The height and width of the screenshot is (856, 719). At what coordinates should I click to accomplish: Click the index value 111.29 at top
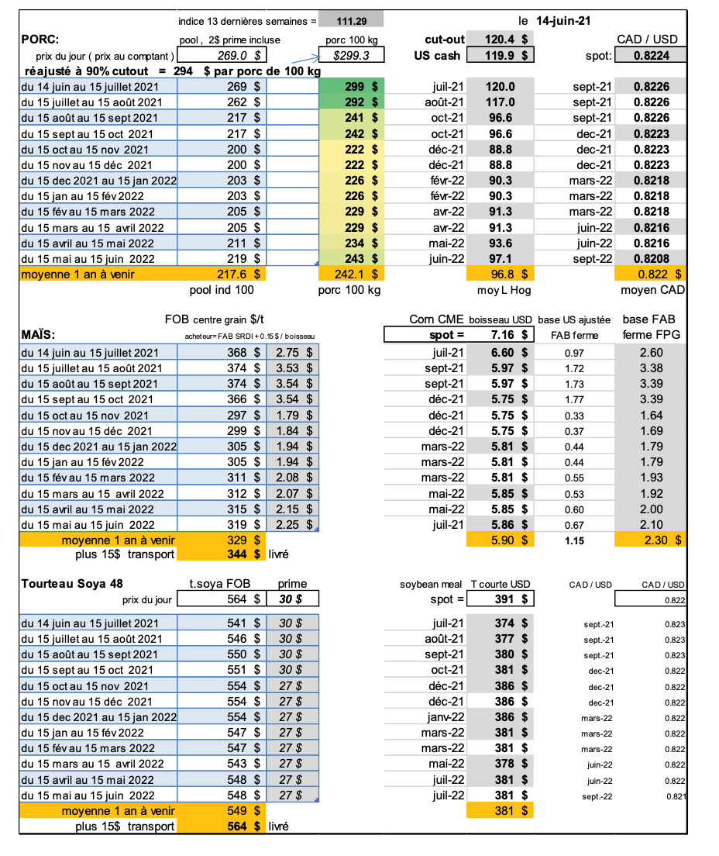pos(350,22)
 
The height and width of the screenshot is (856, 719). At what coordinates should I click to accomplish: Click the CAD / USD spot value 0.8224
pos(651,56)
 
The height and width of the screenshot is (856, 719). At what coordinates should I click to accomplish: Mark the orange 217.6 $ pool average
pos(239,274)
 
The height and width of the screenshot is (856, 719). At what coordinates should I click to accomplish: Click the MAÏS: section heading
pos(40,335)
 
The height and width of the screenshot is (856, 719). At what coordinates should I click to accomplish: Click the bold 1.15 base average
pos(574,540)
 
